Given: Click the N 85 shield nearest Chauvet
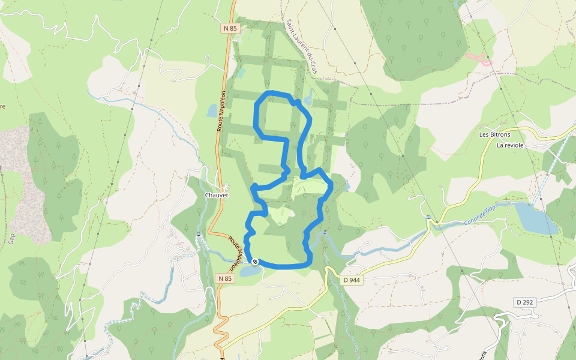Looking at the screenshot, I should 225,278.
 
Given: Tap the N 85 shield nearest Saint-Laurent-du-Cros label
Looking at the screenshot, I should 230,28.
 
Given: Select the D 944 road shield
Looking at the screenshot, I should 352,280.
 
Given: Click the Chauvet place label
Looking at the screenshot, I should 217,196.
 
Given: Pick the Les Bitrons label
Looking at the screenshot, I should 493,134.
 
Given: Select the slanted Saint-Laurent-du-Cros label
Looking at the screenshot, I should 301,47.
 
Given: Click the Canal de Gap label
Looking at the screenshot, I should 479,214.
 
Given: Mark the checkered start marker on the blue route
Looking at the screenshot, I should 255,262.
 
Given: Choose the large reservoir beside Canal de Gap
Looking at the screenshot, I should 536,219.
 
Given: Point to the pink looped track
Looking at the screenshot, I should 478,59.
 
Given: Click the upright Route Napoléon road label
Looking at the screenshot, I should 221,110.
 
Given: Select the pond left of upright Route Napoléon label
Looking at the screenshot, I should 211,110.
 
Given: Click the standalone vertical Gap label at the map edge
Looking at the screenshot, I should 11,237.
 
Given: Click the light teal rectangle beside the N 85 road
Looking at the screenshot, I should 241,73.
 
